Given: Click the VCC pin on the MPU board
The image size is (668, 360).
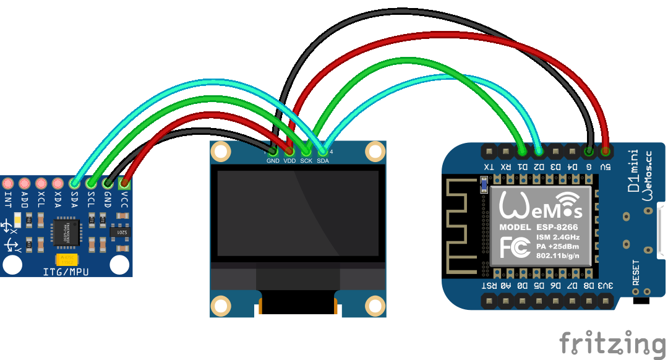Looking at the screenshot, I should (x=125, y=183).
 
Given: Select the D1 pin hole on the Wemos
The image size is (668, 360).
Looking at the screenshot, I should (x=523, y=150).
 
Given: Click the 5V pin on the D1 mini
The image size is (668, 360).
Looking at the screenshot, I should (x=606, y=150).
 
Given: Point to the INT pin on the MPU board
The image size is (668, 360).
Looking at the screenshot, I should (x=8, y=184).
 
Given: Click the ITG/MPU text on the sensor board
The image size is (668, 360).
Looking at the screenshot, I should (x=66, y=272).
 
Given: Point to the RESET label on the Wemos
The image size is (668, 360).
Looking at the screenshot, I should (x=636, y=273).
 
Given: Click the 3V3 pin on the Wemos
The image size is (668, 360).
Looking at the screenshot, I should (x=606, y=300).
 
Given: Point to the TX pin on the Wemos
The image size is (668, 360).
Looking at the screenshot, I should (x=489, y=150).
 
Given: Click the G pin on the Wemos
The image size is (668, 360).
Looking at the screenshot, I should (x=589, y=150).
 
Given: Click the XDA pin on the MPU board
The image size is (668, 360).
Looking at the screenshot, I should (x=58, y=184).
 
